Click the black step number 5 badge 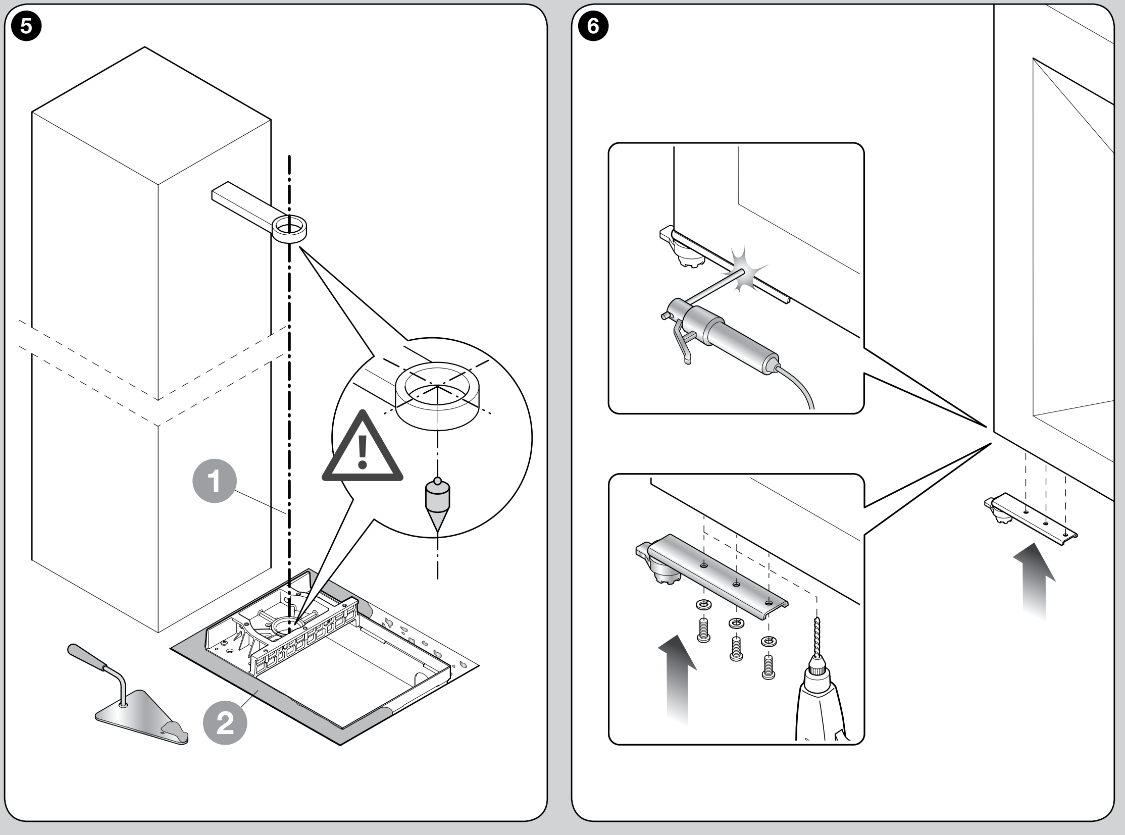tap(26, 26)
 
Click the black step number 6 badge tap(593, 26)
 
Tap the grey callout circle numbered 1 tap(215, 481)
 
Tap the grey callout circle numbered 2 tap(225, 723)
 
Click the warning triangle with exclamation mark tap(363, 448)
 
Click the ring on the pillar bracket tap(290, 229)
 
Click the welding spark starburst tap(745, 270)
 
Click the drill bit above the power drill tap(816, 637)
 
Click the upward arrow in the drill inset tap(678, 680)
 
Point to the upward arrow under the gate tap(1035, 581)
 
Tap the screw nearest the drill tap(769, 667)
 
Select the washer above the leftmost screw tap(703, 604)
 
